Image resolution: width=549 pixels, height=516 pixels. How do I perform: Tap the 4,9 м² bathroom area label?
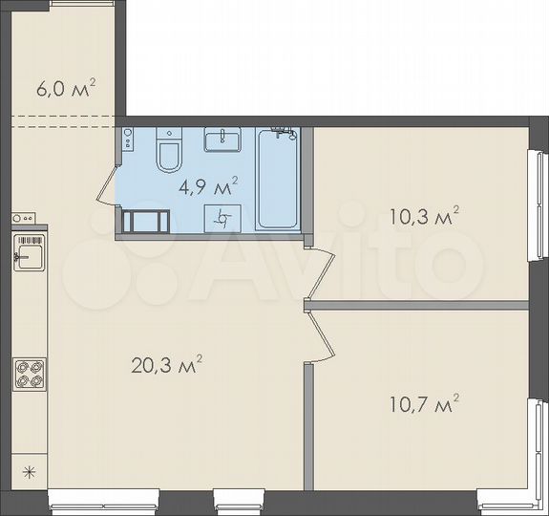coord(209,184)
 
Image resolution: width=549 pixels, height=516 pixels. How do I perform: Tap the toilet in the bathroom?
coord(168,152)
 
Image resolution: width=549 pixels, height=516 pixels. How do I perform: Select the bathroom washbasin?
coord(224,141)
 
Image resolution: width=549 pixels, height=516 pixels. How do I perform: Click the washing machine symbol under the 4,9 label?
coord(222,217)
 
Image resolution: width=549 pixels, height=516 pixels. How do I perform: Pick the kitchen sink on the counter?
coord(29,253)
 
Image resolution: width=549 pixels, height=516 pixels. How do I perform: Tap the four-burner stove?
coord(29,373)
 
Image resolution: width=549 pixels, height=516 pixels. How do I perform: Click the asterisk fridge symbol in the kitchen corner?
coord(28,470)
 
